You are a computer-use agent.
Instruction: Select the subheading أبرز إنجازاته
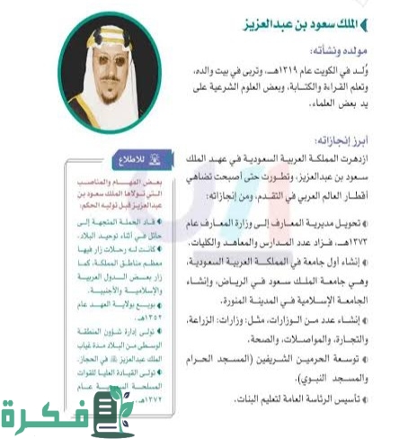tap(376, 141)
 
